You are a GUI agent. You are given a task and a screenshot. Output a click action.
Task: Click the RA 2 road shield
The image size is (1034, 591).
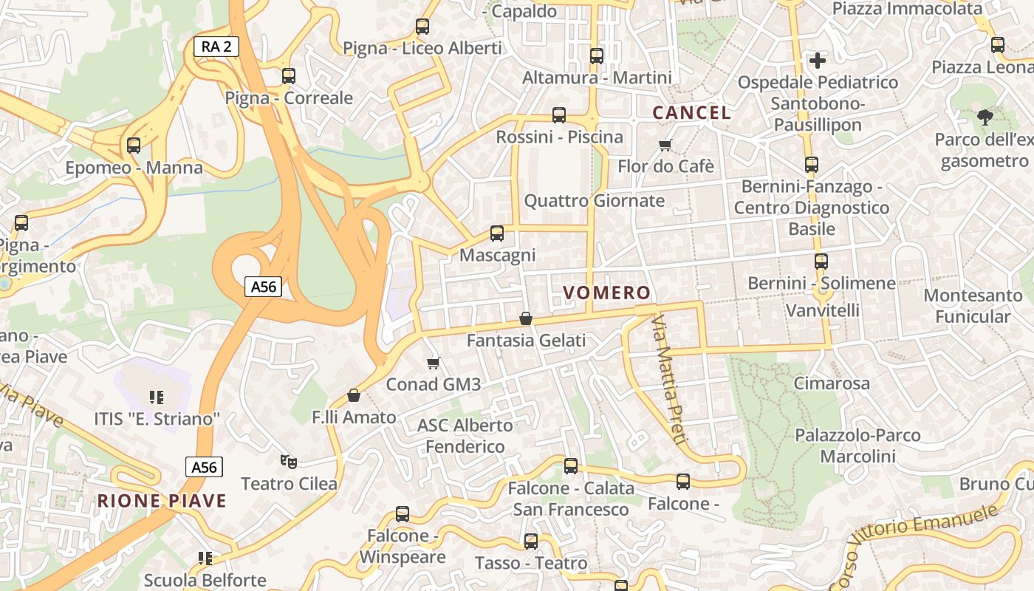pyautogui.click(x=216, y=47)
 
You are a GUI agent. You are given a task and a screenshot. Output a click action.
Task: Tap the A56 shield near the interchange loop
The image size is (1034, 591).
pyautogui.click(x=264, y=287)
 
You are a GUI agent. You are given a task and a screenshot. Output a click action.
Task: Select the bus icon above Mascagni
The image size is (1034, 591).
pyautogui.click(x=497, y=233)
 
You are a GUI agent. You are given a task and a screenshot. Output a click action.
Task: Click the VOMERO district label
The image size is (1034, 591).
pyautogui.click(x=606, y=293)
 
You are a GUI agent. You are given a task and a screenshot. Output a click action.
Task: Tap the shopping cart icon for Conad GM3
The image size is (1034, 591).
pyautogui.click(x=434, y=363)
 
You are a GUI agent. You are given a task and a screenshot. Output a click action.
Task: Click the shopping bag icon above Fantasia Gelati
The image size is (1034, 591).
pyautogui.click(x=526, y=318)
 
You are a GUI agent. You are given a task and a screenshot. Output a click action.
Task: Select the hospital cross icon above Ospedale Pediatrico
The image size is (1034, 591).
pyautogui.click(x=818, y=60)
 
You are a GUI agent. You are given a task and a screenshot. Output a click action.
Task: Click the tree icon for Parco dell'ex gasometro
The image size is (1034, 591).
pyautogui.click(x=985, y=117)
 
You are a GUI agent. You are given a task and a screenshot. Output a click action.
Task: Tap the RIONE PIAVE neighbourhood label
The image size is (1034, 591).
pyautogui.click(x=162, y=501)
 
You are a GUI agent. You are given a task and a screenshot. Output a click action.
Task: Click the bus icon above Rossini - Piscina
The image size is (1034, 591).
pyautogui.click(x=559, y=115)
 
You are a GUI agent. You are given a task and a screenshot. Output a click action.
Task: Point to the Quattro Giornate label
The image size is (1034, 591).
pyautogui.click(x=594, y=200)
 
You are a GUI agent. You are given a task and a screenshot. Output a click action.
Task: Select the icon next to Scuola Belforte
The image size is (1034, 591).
pyautogui.click(x=205, y=558)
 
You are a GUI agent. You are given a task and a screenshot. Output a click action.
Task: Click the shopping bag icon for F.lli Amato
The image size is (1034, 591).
pyautogui.click(x=354, y=395)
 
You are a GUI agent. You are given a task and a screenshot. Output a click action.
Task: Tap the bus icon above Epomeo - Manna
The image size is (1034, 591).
pyautogui.click(x=134, y=146)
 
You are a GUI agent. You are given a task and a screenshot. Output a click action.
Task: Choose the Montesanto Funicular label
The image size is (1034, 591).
pyautogui.click(x=973, y=306)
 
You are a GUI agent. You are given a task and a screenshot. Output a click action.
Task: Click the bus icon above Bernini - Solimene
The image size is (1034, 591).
pyautogui.click(x=821, y=261)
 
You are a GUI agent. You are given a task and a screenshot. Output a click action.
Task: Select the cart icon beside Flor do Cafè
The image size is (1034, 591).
pyautogui.click(x=665, y=145)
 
